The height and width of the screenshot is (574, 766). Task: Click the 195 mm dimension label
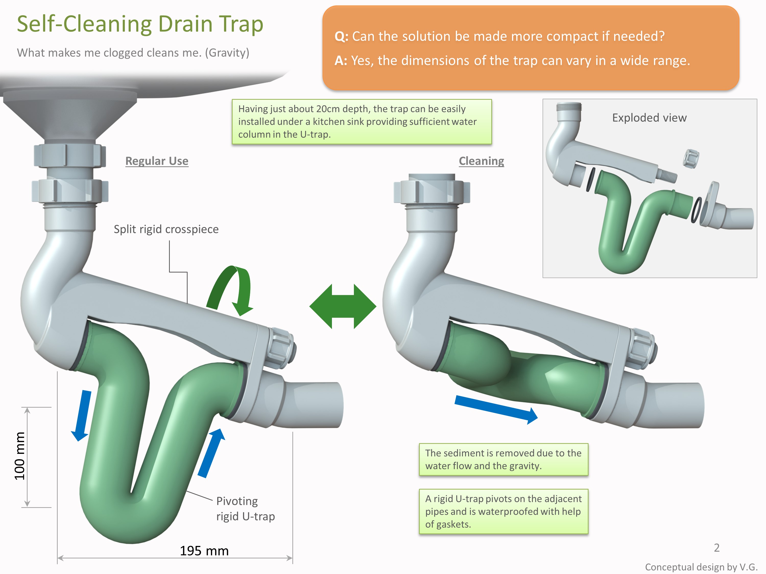pyautogui.click(x=204, y=551)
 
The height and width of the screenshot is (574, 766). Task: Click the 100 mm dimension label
pyautogui.click(x=20, y=456)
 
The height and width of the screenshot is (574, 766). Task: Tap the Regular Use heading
pyautogui.click(x=157, y=161)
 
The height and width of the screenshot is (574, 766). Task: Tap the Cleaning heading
pyautogui.click(x=481, y=161)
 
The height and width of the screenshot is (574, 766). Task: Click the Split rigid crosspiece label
pyautogui.click(x=166, y=229)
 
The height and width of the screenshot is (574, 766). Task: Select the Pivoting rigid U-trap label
pyautogui.click(x=245, y=509)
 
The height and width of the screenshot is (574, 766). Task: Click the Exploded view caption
pyautogui.click(x=649, y=118)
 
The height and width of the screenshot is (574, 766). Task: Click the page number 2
pyautogui.click(x=716, y=547)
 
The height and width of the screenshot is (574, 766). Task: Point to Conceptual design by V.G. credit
pyautogui.click(x=701, y=567)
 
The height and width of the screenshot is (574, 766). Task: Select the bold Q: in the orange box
pyautogui.click(x=341, y=36)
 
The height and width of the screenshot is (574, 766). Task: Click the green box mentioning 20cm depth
pyautogui.click(x=362, y=121)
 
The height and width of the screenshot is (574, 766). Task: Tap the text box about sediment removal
pyautogui.click(x=503, y=459)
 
